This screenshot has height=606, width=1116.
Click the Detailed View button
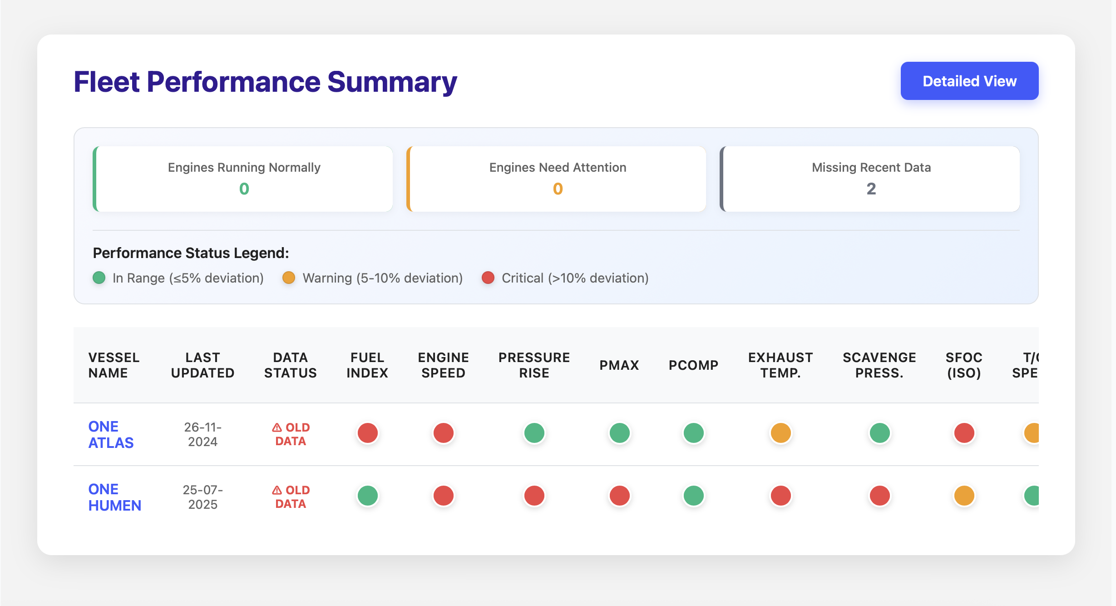tap(969, 81)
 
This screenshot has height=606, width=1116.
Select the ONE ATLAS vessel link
tap(111, 434)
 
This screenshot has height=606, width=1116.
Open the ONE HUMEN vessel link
tap(114, 497)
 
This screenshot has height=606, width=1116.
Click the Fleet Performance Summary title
tap(265, 82)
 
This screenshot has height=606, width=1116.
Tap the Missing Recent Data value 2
tap(871, 189)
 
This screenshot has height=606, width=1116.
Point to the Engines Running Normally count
tap(244, 189)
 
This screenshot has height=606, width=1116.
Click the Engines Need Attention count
tap(558, 189)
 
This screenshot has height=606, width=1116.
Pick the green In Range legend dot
tap(99, 278)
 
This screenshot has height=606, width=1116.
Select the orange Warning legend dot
tap(289, 278)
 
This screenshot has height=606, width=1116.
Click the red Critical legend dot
tap(488, 278)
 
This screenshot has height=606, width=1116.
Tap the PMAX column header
tap(619, 365)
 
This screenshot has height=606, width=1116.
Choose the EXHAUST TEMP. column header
tap(780, 365)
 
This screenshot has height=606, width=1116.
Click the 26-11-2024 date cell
tap(202, 434)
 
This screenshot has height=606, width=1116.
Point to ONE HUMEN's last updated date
tap(202, 497)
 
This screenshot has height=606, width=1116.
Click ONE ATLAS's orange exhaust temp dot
tap(780, 433)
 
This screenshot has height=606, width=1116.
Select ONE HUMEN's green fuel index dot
tap(367, 496)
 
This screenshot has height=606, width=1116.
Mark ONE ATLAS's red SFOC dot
tap(964, 433)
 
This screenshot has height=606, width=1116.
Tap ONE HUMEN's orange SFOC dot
tap(964, 496)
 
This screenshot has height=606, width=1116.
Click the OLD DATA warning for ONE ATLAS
tap(291, 434)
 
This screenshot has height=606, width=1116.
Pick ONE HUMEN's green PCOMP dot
tap(693, 496)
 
